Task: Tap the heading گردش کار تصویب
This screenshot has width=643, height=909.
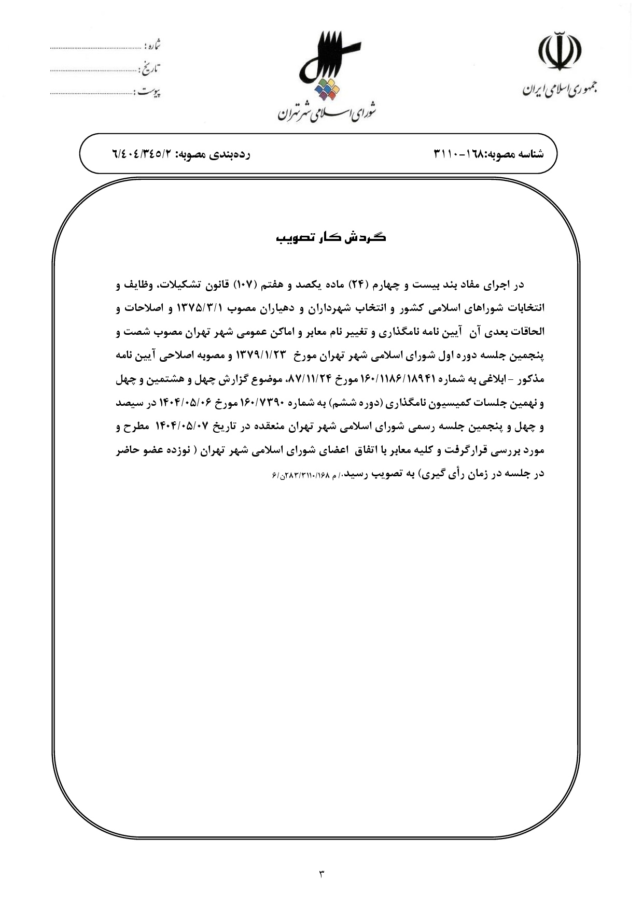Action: [x=330, y=238]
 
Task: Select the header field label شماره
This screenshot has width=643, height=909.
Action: [x=152, y=46]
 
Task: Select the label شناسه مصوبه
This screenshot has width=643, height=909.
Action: [x=514, y=154]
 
